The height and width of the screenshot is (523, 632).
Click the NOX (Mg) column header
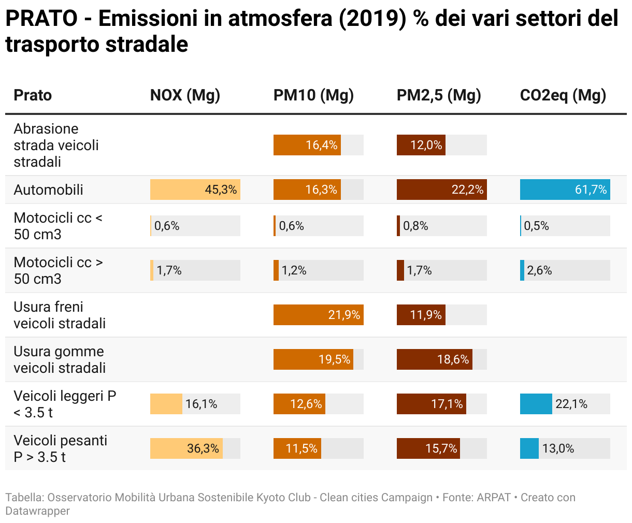[185, 95]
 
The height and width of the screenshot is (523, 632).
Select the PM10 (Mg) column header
[313, 95]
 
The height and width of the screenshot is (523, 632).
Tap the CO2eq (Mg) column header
[563, 95]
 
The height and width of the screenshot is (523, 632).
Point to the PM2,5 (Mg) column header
[439, 95]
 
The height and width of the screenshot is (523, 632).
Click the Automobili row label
[48, 190]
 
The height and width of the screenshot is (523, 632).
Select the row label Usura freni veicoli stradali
[60, 315]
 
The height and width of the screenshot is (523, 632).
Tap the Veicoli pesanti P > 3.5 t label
[60, 448]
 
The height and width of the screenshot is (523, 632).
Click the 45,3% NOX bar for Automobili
[195, 190]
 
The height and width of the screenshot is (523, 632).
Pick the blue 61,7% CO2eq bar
[565, 190]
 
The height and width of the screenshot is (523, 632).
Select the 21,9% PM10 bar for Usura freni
[318, 315]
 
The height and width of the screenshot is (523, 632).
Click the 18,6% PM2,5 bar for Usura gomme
[434, 359]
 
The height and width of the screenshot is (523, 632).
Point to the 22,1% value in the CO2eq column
[571, 404]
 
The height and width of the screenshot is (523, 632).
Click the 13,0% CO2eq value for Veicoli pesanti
[558, 448]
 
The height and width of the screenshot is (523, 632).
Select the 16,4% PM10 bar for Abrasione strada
[307, 145]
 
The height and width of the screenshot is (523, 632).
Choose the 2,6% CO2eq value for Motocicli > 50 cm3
[539, 270]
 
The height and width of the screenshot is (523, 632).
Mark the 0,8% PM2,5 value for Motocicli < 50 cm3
[415, 226]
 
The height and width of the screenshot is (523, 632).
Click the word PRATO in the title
[41, 19]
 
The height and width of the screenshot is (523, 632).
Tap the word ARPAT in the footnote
[494, 498]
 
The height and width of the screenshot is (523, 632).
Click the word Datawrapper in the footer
[37, 511]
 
